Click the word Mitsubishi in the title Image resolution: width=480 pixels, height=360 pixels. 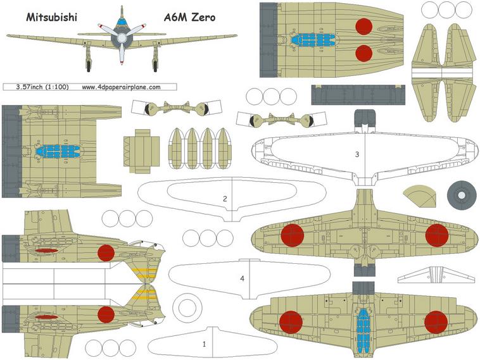(51, 18)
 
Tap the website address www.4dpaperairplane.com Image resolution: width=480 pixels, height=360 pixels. (120, 87)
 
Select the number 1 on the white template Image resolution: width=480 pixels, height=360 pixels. (204, 345)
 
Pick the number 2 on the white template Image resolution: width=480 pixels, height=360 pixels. (225, 199)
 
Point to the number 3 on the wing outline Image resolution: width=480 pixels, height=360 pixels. (357, 154)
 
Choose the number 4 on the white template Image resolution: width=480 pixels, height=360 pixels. (242, 278)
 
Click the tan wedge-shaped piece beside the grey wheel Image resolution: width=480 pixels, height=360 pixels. (419, 197)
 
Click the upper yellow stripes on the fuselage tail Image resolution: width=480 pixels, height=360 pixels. (146, 273)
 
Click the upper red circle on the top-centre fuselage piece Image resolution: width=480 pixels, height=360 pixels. (363, 26)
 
